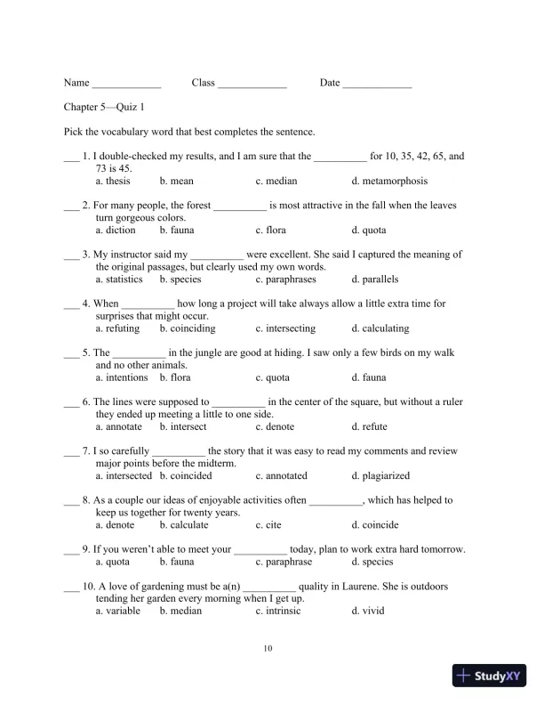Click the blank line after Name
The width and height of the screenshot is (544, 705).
(126, 85)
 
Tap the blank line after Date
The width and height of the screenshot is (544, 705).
(377, 85)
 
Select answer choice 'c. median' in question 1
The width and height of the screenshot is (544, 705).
(276, 181)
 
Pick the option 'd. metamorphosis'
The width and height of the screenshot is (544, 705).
(388, 181)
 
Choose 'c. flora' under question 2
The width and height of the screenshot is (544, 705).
(270, 230)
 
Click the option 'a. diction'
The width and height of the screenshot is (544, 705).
(116, 230)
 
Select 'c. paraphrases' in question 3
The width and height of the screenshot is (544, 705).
(285, 279)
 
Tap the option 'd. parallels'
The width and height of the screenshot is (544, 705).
(374, 279)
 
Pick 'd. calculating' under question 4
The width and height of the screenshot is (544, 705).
(380, 328)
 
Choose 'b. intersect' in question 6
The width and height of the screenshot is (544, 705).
(183, 426)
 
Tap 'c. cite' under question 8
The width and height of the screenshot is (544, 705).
(268, 524)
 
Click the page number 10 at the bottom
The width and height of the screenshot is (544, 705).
(268, 648)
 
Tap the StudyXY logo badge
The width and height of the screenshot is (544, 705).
(491, 676)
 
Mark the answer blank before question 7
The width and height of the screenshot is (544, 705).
(71, 451)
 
